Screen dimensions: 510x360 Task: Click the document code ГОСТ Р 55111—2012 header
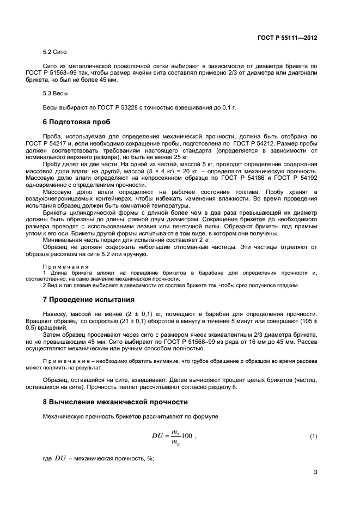[x=287, y=38]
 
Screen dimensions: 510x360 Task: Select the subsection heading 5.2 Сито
[x=54, y=52]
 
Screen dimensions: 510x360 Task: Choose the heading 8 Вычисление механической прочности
[x=115, y=402]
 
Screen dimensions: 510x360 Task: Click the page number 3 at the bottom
[x=315, y=472]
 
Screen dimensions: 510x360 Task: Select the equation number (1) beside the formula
[x=313, y=437]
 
